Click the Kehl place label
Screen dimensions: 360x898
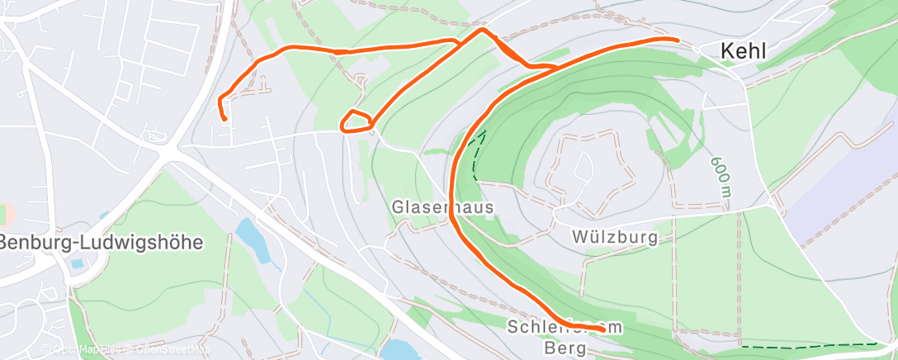tap(743, 51)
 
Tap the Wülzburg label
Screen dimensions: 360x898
tap(614, 238)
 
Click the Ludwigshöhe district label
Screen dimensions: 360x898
tap(101, 243)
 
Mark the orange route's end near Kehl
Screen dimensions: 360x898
tap(677, 39)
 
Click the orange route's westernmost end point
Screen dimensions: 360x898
tap(224, 119)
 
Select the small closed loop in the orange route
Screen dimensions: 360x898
tap(357, 121)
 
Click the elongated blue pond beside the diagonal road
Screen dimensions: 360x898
tap(253, 239)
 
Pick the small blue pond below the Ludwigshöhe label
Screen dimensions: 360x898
tap(77, 264)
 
